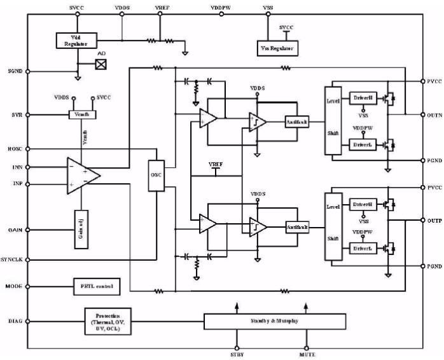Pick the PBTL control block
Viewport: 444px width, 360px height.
click(x=96, y=287)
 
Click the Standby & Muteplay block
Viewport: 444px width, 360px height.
click(x=275, y=321)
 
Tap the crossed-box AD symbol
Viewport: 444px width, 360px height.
click(x=101, y=64)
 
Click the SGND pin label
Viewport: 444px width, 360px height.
click(x=15, y=71)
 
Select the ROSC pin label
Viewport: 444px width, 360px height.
click(x=15, y=150)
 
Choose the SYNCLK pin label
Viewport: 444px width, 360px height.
click(x=13, y=260)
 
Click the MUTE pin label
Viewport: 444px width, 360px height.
click(x=307, y=354)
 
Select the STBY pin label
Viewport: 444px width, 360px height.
click(x=237, y=354)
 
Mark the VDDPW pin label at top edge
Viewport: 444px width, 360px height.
click(x=221, y=7)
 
